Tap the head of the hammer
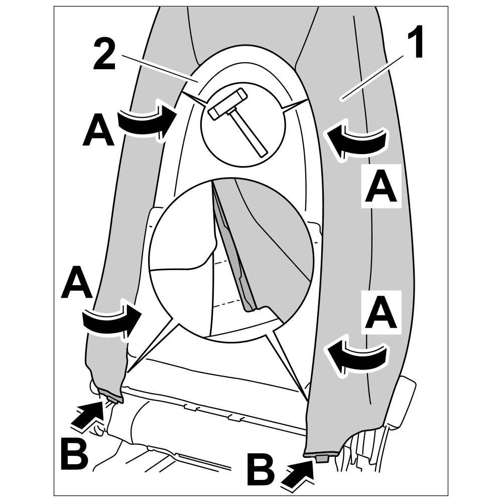point(227,104)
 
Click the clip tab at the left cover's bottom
point(111,399)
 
